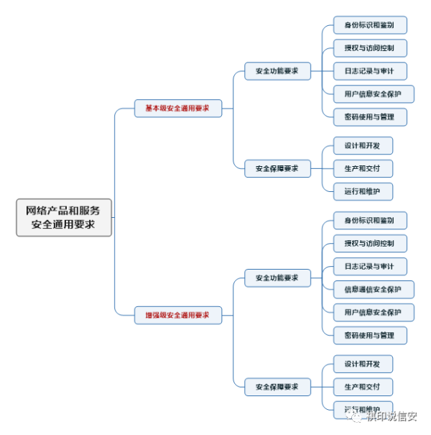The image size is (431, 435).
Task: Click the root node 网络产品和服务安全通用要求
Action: click(64, 217)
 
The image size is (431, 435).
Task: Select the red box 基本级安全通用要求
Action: click(177, 109)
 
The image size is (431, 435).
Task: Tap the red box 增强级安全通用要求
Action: click(177, 314)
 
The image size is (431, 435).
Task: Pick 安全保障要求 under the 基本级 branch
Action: click(277, 168)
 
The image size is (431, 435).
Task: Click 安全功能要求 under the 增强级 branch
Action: click(277, 278)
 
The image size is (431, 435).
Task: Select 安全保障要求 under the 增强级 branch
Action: click(277, 386)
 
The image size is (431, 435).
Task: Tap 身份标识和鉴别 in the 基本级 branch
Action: click(370, 25)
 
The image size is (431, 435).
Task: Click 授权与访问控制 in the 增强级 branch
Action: click(370, 243)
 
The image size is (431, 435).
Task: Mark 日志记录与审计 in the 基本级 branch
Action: click(370, 70)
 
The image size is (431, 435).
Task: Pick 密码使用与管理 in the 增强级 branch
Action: click(370, 335)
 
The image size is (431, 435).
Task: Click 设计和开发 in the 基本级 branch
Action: click(363, 145)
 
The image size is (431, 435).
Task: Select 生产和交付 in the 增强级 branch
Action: click(363, 387)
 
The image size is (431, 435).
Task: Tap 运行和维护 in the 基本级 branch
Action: click(363, 191)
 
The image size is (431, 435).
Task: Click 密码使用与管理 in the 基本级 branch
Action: click(370, 116)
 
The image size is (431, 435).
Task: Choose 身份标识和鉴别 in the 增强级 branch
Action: click(370, 220)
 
